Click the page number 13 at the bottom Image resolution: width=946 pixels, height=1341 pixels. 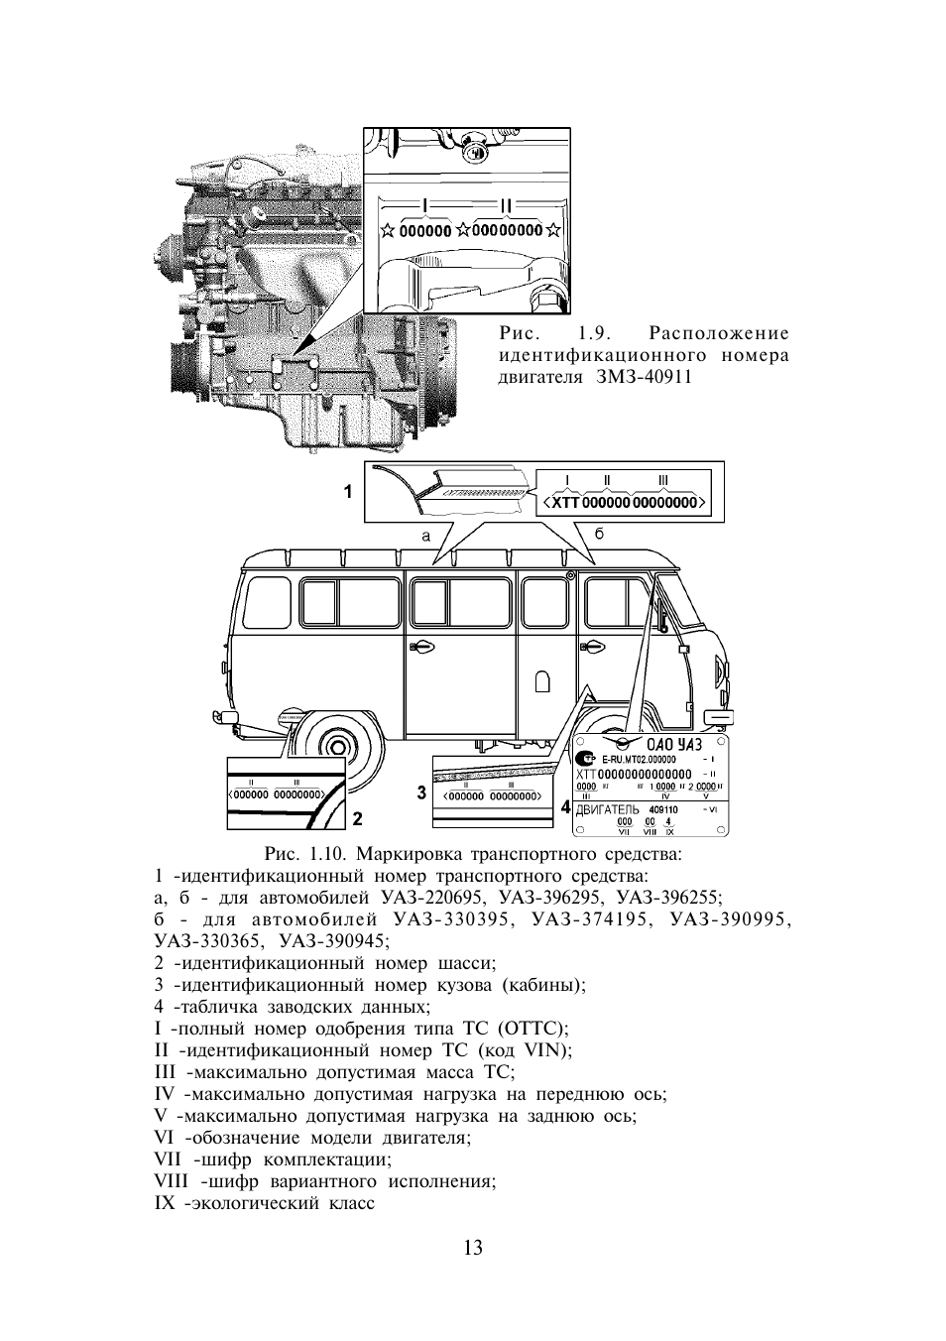point(472,1248)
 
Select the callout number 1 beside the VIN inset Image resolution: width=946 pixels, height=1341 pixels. point(348,490)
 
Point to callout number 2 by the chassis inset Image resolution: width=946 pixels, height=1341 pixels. point(357,819)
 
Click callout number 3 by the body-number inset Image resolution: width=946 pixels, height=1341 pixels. point(421,792)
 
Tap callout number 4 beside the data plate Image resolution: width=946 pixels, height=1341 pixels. point(565,807)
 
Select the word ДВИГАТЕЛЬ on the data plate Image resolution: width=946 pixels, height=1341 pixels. point(607,809)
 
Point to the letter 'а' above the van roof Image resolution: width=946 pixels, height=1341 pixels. point(425,535)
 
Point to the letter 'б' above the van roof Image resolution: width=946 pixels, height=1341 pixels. point(599,534)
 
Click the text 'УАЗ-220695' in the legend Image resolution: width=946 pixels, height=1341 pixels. point(436,897)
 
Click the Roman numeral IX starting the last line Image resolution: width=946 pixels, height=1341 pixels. point(165,1204)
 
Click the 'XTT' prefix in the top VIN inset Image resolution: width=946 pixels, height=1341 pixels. point(563,503)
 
